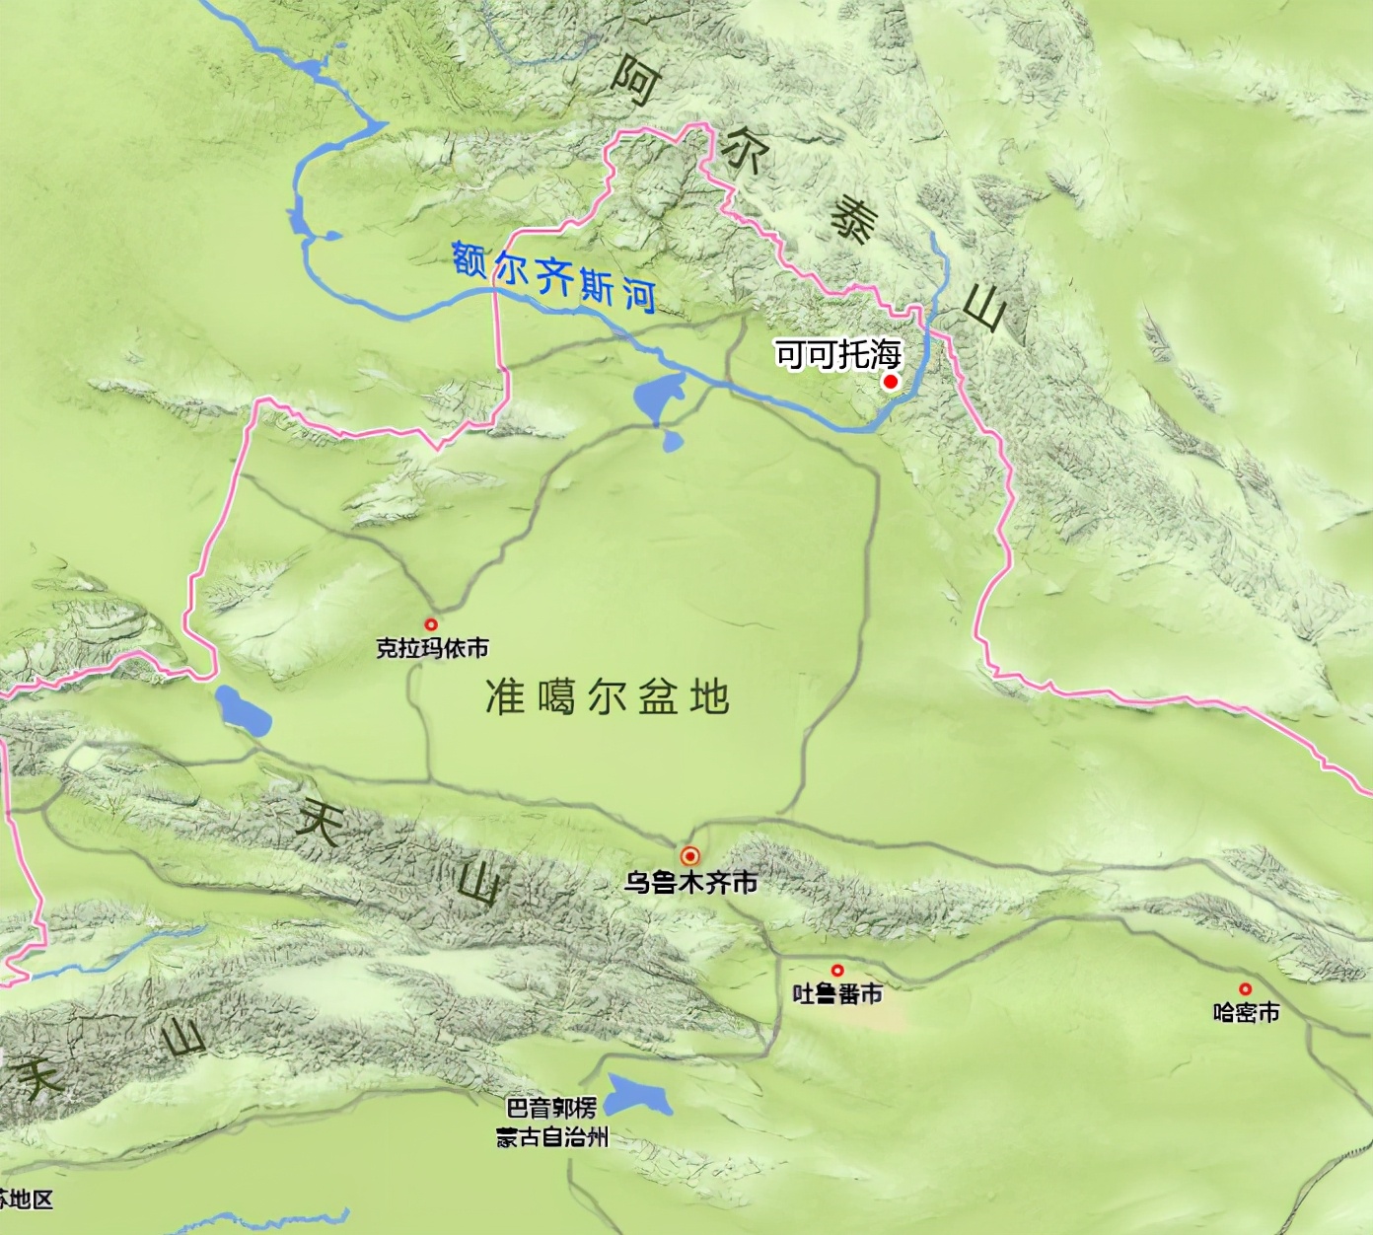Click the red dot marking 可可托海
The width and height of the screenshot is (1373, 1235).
coord(891,382)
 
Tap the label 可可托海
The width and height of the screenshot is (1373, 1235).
coord(837,353)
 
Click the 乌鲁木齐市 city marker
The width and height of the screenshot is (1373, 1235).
coord(690,856)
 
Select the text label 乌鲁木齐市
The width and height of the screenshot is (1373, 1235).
coord(690,882)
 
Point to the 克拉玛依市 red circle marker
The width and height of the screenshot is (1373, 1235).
coord(431,624)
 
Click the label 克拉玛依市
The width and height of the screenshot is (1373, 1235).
coord(432,648)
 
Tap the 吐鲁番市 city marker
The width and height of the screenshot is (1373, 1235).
coord(837,971)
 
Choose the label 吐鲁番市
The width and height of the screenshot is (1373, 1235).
coord(837,993)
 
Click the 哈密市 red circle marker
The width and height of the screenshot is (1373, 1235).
coord(1246,988)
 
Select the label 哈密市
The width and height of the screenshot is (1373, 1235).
coord(1247,1012)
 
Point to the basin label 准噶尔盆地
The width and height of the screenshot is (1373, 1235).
coord(607,696)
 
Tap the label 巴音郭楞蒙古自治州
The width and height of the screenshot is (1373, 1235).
coord(551,1123)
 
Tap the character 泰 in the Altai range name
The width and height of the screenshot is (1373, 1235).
coord(851,219)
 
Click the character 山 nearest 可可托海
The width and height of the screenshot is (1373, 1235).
coord(983,308)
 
